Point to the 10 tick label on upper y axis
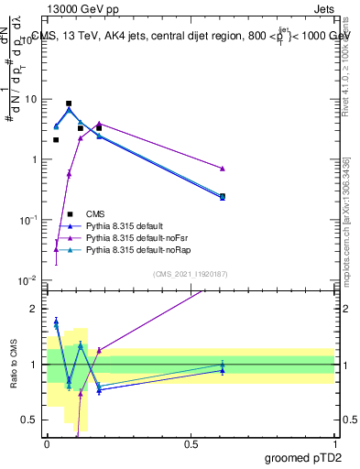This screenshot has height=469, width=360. click(32, 99)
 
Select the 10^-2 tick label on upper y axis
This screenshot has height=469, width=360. click(29, 280)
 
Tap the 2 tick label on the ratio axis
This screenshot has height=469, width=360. click(37, 309)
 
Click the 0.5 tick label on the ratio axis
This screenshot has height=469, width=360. click(33, 420)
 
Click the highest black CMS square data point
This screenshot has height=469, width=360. click(69, 104)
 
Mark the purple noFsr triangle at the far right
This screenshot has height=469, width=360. click(223, 169)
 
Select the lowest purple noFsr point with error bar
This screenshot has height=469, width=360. click(57, 248)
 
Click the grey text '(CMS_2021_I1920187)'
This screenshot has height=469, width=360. click(190, 273)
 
